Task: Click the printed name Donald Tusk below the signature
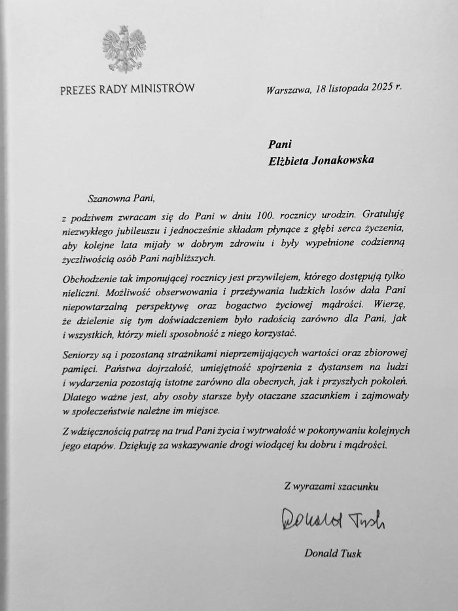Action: tap(333, 554)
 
